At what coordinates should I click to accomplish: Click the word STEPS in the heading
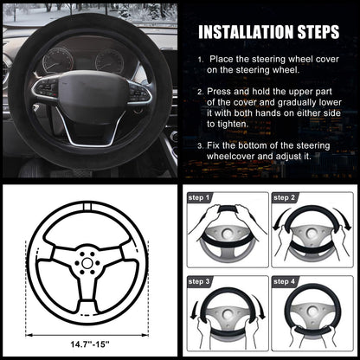click(318, 32)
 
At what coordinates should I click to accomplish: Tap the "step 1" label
click(199, 197)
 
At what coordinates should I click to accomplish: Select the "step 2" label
click(284, 197)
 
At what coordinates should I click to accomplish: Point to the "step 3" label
click(199, 281)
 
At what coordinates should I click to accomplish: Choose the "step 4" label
click(284, 281)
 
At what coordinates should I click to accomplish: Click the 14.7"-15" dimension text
click(90, 344)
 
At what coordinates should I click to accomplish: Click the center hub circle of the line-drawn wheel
click(87, 263)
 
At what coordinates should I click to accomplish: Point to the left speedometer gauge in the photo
click(58, 61)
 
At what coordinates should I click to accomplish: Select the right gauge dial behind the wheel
click(110, 61)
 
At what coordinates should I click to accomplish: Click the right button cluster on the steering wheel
click(139, 92)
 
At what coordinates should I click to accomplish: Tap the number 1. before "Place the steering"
click(201, 60)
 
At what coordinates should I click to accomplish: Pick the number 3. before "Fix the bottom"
click(201, 145)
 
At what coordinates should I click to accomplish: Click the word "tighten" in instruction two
click(232, 124)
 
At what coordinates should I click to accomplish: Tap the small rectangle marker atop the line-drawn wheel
click(87, 206)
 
